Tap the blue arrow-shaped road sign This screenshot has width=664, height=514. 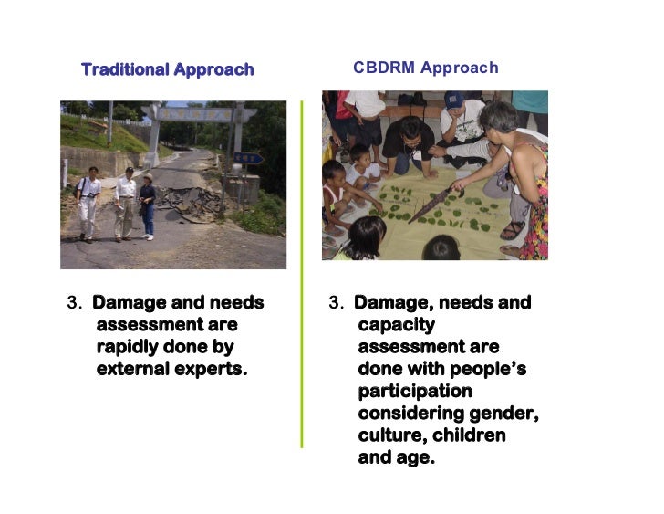(249, 158)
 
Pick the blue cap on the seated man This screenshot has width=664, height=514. (453, 100)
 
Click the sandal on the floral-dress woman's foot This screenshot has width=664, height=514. (513, 230)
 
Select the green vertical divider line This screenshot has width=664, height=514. (302, 274)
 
